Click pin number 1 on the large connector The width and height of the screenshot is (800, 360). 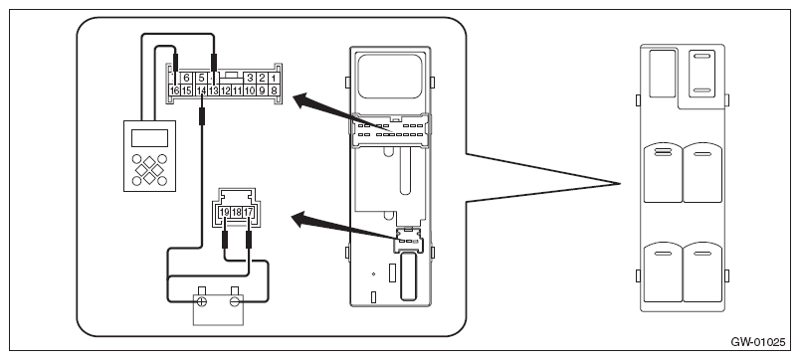(x=274, y=78)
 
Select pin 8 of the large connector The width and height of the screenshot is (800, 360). (x=274, y=90)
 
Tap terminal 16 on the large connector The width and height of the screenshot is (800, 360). (x=174, y=90)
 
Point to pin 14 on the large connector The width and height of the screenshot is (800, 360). (x=202, y=90)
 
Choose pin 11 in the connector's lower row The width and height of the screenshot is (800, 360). (x=237, y=90)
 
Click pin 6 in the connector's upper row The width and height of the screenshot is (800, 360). (x=187, y=78)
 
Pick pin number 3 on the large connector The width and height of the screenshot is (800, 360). (x=250, y=78)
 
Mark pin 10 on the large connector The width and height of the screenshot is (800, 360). (x=250, y=90)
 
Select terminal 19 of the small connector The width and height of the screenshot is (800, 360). (x=224, y=212)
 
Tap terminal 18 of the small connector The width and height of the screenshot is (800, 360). (x=236, y=212)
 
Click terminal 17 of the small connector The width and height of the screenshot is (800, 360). (x=249, y=212)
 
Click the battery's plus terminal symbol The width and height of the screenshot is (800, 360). (x=202, y=301)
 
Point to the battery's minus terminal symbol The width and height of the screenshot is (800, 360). (x=235, y=301)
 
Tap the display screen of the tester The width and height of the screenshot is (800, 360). (x=149, y=137)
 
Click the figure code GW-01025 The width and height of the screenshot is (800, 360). (x=757, y=342)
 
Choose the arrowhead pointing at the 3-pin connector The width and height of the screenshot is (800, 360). (x=301, y=220)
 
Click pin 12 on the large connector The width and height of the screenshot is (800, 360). (x=225, y=90)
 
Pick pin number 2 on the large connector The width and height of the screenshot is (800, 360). (x=262, y=78)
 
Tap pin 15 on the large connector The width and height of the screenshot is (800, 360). (x=187, y=90)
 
